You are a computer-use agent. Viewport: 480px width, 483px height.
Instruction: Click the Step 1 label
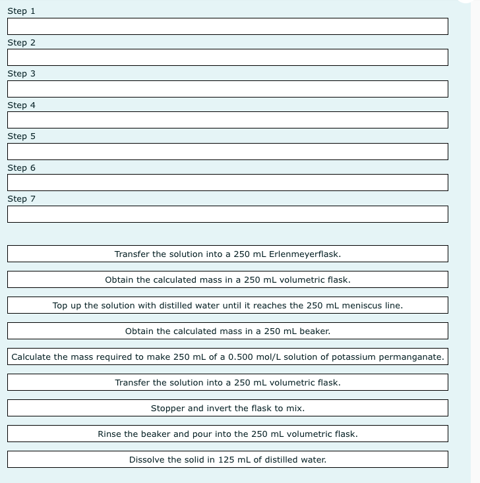point(22,11)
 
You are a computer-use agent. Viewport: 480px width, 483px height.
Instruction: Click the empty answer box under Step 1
point(227,26)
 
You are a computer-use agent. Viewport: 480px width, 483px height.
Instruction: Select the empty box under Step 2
point(227,57)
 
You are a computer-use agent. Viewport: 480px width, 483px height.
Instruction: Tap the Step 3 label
point(22,74)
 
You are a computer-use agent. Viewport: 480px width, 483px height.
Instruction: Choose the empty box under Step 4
point(227,120)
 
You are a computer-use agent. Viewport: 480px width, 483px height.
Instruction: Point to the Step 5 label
point(22,136)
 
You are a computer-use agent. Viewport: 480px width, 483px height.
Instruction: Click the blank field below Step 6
point(227,183)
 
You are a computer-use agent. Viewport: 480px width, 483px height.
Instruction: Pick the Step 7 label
point(22,199)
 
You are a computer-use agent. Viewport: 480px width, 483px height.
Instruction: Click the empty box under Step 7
point(227,214)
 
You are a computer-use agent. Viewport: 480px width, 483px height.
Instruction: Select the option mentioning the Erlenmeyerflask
point(227,254)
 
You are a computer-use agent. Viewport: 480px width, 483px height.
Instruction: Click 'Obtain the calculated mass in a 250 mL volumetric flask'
point(227,279)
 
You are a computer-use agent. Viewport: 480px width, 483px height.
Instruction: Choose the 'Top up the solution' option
point(227,305)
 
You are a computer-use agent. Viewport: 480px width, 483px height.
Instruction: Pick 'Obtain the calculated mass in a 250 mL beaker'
point(227,331)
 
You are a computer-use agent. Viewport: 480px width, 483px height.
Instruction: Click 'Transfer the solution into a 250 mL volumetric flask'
point(227,382)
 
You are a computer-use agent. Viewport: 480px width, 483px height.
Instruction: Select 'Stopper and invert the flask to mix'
point(227,408)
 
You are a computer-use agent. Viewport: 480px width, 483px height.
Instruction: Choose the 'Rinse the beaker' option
point(227,434)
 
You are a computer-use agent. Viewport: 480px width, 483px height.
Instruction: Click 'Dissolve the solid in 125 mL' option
point(227,459)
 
